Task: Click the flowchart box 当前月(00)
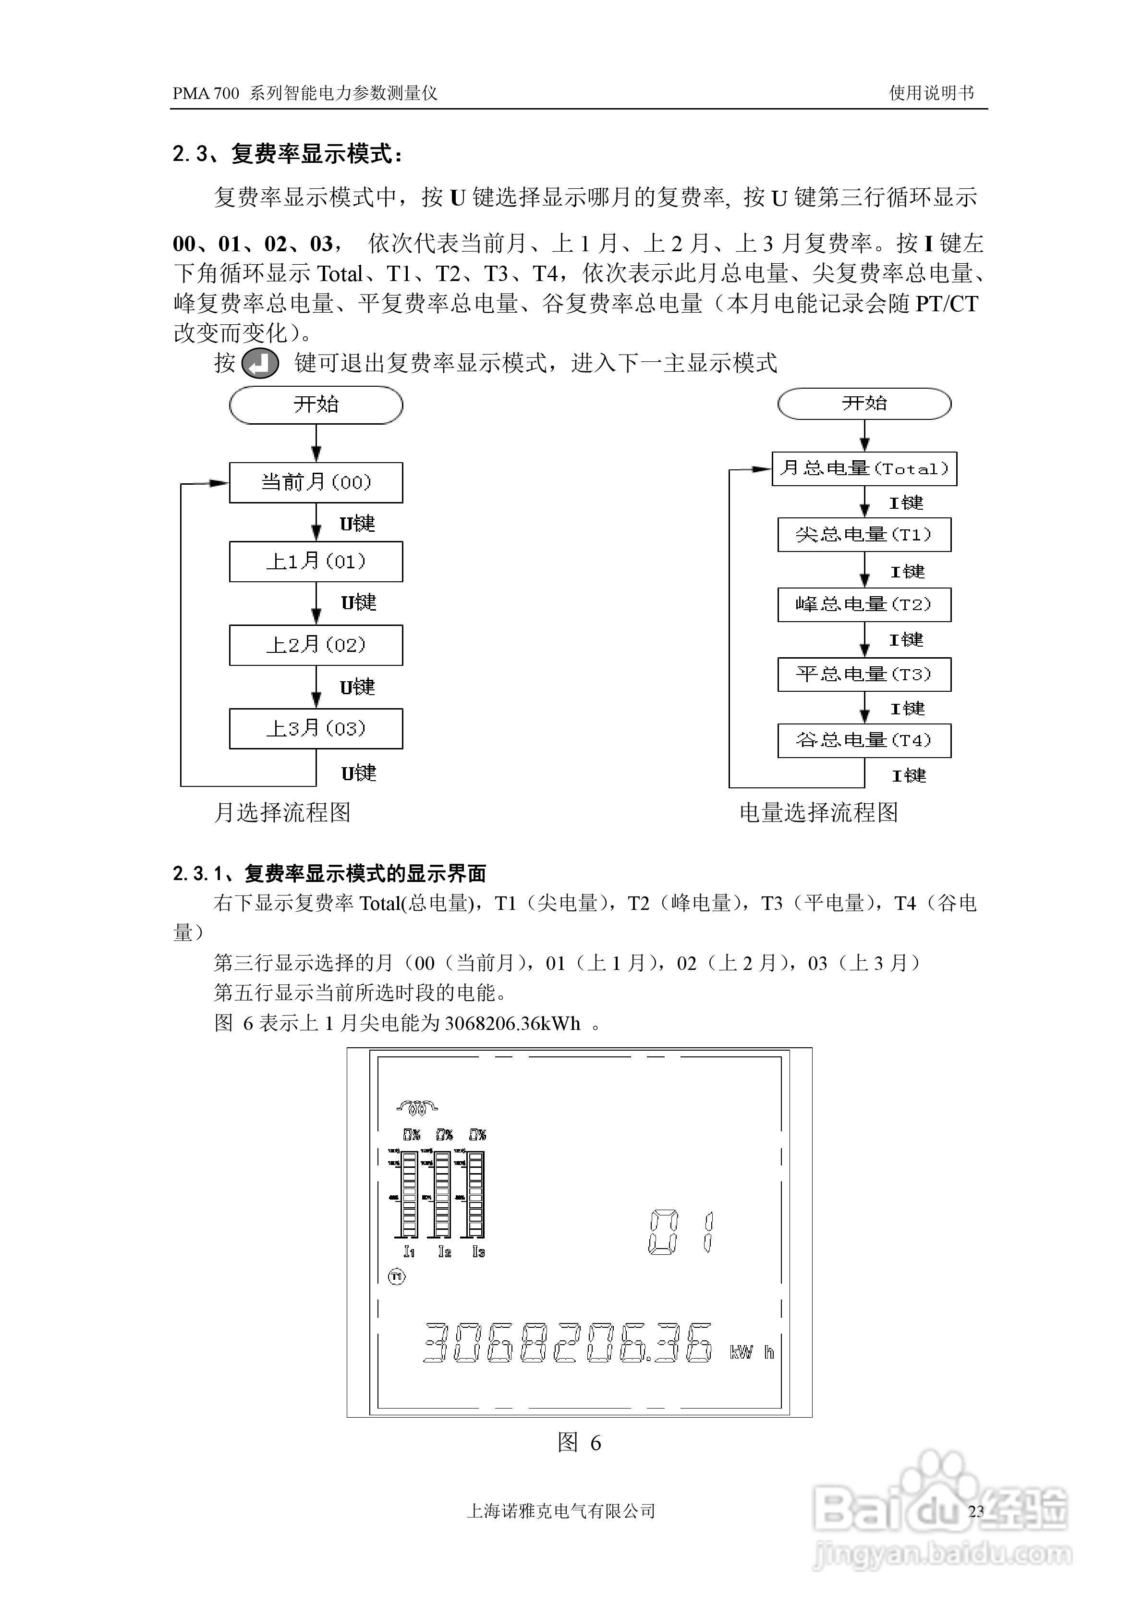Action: click(x=316, y=483)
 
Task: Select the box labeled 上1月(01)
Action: click(x=316, y=562)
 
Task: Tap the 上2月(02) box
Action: click(x=316, y=645)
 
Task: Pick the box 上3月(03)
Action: click(x=316, y=729)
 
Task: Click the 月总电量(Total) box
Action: click(x=864, y=468)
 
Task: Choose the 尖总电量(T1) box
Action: click(x=864, y=535)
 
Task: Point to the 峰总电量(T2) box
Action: click(x=864, y=605)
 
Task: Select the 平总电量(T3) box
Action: click(x=864, y=674)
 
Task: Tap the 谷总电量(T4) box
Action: click(x=864, y=741)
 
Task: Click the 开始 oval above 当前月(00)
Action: click(x=316, y=404)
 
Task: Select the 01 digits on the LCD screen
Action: click(x=681, y=1232)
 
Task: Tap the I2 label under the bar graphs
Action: click(x=444, y=1251)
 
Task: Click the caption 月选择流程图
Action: click(x=282, y=812)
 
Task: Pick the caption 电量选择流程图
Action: click(x=819, y=812)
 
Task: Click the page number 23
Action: click(x=976, y=1511)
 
